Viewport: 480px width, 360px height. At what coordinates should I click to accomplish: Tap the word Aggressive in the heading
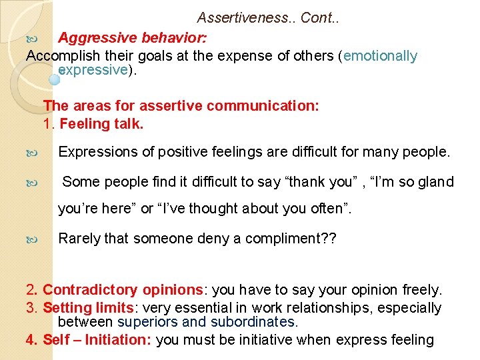point(93,37)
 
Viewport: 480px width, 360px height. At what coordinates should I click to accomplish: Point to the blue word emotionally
point(380,56)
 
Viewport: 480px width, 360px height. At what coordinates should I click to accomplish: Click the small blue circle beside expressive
point(55,78)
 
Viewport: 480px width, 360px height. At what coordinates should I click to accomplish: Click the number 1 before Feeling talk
point(47,123)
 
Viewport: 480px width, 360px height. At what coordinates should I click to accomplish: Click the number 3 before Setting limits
point(30,308)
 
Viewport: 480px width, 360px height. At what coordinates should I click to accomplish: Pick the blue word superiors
point(147,322)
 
